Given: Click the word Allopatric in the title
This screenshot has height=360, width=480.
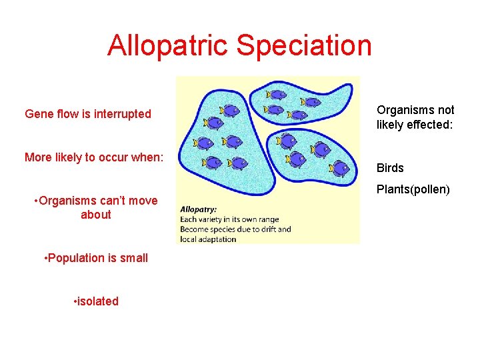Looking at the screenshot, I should coord(167,45).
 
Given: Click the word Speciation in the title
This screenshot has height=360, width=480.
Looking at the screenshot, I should coord(303,45).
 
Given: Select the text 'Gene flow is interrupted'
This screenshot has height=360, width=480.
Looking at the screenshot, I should coord(88,114).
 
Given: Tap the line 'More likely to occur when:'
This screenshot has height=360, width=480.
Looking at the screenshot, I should coord(93,157).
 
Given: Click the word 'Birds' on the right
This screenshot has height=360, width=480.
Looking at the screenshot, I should coord(390,168).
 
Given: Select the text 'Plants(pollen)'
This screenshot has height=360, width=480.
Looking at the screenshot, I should coord(413,189).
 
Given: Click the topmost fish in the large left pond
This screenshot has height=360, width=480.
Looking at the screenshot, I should coord(230,110).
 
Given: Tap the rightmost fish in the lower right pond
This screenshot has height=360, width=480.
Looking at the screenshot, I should coord(341,168).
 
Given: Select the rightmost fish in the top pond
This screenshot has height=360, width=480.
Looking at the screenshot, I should coord(311,102).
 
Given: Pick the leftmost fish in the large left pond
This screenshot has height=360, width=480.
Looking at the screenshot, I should coord(203,143).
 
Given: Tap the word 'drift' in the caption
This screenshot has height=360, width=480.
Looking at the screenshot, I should coord(265,229).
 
